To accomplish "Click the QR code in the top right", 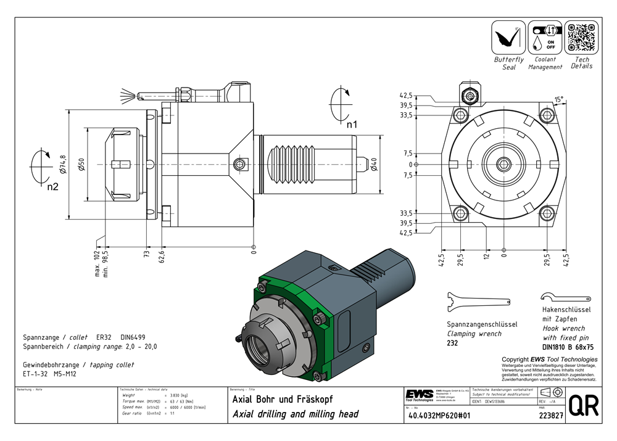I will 581,38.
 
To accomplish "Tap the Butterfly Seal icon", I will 508,38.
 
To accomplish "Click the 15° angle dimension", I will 558,99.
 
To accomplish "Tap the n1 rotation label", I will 351,124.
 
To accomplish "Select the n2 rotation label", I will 52,186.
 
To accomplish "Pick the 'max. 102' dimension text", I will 97,263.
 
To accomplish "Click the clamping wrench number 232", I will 452,343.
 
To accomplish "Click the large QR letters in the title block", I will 583,406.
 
